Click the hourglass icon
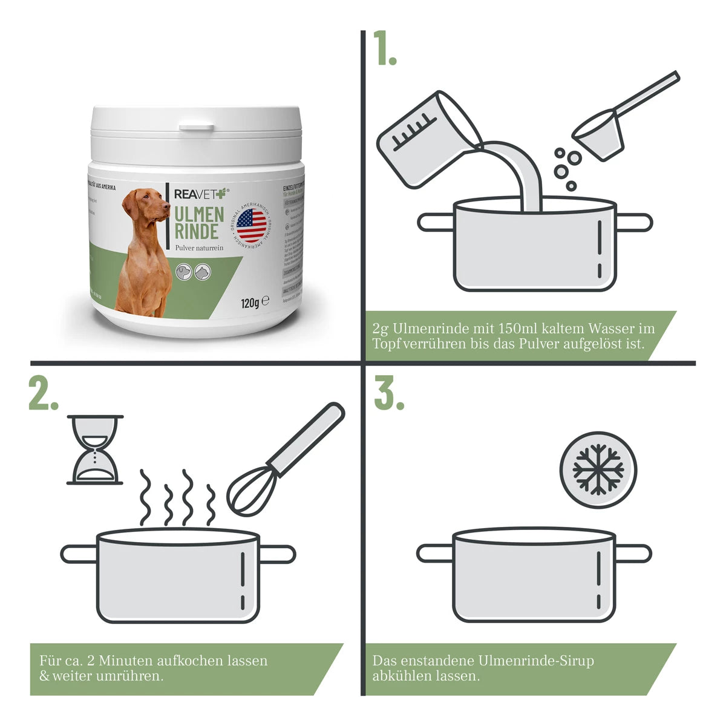pyautogui.click(x=95, y=450)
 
